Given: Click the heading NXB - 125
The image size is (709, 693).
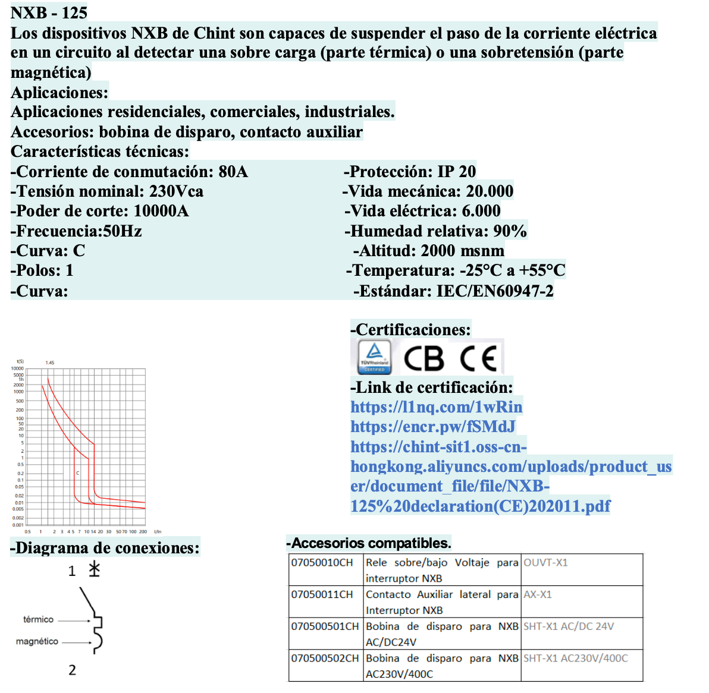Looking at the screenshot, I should pos(49,12).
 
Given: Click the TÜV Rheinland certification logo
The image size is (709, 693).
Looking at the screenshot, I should pos(374,357).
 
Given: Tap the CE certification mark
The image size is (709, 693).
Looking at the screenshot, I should pos(479,358).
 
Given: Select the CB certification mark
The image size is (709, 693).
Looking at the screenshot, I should pos(423,358).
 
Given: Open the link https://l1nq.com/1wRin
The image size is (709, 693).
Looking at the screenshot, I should pos(436,407).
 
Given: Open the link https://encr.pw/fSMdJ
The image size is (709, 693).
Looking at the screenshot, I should pos(432,427).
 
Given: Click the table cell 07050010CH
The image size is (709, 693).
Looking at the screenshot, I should pos(322,563).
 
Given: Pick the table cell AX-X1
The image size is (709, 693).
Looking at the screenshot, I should pos(538,594).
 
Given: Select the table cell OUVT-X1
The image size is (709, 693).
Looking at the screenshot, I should pos(545,563).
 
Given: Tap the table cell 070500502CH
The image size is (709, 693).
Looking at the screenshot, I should pos(325,659).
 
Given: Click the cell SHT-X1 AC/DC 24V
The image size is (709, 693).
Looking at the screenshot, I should pos(569,626).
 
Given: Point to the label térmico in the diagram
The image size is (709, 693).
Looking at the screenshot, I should pos(38,619).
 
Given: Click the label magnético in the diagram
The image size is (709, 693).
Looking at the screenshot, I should pos(37,641).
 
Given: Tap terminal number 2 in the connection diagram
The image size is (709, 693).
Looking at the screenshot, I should pos(72,670).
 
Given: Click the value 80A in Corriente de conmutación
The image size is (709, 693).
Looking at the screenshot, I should pos(233,172).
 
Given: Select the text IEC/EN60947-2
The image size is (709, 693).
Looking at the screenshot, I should pos(495,291).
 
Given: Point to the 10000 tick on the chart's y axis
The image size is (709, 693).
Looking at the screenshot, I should pos(18,368).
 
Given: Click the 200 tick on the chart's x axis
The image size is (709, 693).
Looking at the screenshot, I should pos(143,531).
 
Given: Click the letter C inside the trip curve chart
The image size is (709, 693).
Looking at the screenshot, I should pos(78,473).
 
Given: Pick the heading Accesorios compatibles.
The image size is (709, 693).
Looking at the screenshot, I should pos(369,543).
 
